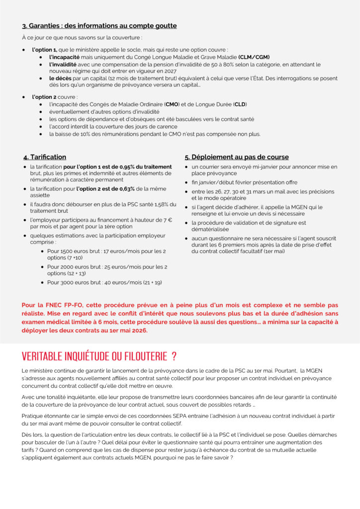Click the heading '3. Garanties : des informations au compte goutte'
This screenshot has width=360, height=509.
(x=99, y=26)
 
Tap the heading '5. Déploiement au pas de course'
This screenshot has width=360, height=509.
(x=237, y=157)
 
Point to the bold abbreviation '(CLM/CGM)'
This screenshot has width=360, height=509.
(x=254, y=57)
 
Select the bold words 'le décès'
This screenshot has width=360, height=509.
(x=59, y=79)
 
